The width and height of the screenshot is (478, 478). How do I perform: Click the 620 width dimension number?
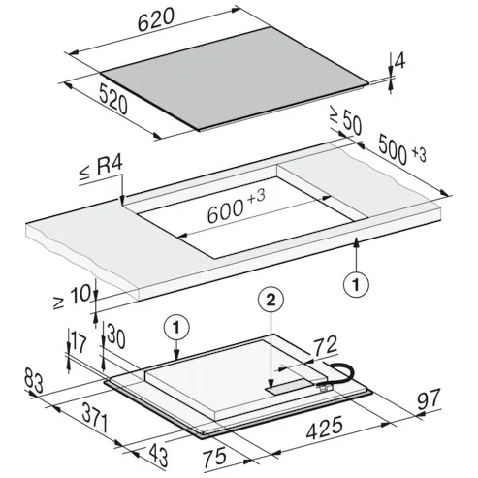click(x=156, y=19)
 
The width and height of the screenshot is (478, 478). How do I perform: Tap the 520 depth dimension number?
click(x=113, y=99)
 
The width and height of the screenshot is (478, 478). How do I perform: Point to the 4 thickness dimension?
click(x=399, y=61)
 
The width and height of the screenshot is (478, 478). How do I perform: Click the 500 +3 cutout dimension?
click(x=402, y=149)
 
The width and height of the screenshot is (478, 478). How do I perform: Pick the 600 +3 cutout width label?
click(x=236, y=207)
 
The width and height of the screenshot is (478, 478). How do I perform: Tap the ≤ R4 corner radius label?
click(x=101, y=170)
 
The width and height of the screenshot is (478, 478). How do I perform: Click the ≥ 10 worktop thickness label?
click(x=72, y=298)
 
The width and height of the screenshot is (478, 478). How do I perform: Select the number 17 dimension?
click(x=80, y=343)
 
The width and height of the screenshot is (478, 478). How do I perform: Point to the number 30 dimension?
click(x=116, y=335)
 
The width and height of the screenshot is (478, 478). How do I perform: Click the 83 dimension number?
click(x=34, y=382)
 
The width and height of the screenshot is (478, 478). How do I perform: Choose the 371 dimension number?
click(x=94, y=417)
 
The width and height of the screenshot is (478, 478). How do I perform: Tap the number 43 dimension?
click(x=158, y=456)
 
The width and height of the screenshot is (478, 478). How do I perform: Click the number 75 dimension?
click(x=214, y=458)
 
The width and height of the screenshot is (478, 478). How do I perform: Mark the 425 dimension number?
click(x=324, y=428)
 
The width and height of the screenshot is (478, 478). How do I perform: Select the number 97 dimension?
click(x=429, y=399)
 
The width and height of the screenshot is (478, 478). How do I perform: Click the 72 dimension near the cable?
click(x=326, y=346)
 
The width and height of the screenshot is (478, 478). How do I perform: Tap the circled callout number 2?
click(x=271, y=300)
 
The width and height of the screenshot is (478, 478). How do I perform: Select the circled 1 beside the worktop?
click(x=356, y=285)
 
